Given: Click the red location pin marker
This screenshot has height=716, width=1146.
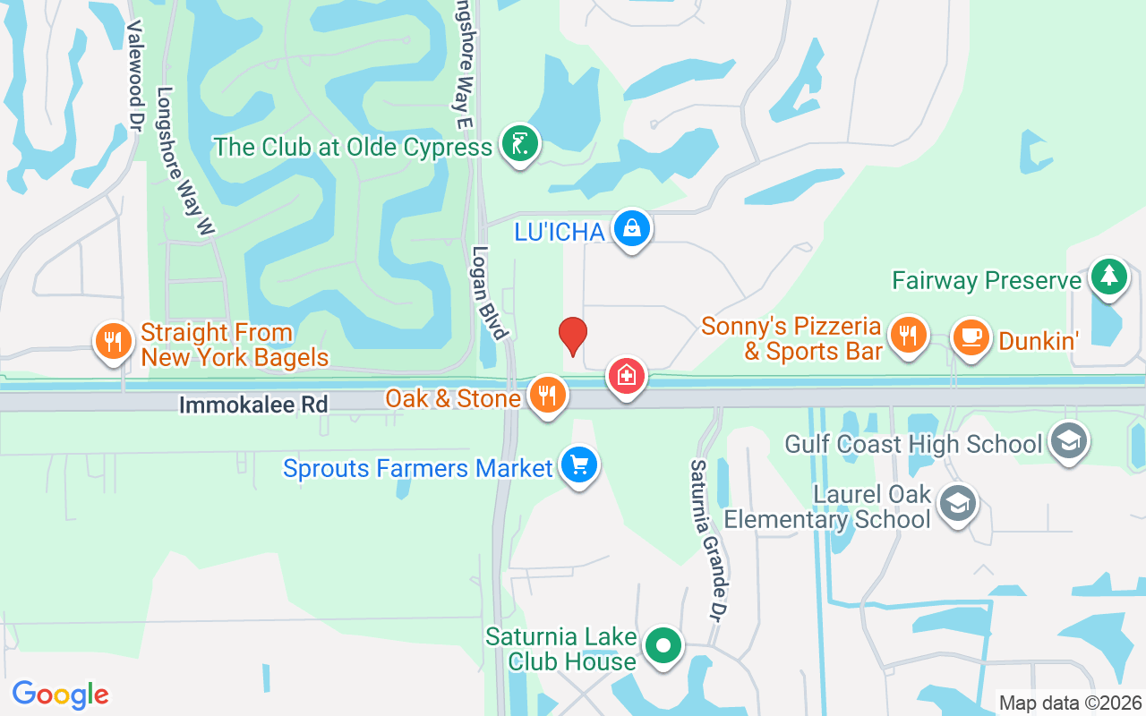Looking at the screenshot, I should click(x=573, y=336).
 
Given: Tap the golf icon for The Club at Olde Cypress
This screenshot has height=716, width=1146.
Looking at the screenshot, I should click(x=519, y=142).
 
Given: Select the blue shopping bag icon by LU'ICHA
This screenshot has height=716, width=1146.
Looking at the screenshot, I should click(x=632, y=228).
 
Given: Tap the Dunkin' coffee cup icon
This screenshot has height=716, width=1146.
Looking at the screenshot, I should click(x=971, y=337).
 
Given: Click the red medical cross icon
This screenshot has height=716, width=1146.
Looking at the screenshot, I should click(x=627, y=376).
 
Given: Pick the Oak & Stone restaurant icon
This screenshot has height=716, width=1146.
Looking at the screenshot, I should click(x=546, y=394).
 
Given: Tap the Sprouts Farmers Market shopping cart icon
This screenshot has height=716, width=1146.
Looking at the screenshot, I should click(x=578, y=465).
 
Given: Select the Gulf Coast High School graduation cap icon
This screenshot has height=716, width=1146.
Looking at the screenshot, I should click(x=1068, y=441).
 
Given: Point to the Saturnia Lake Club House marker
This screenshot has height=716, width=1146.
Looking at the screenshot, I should click(x=663, y=645).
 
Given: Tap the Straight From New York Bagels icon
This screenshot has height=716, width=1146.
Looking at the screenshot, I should click(x=112, y=341).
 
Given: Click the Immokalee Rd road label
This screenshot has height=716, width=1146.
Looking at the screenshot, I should click(x=253, y=405).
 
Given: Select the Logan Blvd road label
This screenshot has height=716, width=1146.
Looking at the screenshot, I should click(x=491, y=293).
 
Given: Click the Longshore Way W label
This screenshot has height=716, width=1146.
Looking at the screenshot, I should click(x=185, y=162).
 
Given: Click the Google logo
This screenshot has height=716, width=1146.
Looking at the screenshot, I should click(x=60, y=695).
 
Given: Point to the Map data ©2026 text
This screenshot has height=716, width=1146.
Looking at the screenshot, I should click(x=1070, y=703).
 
